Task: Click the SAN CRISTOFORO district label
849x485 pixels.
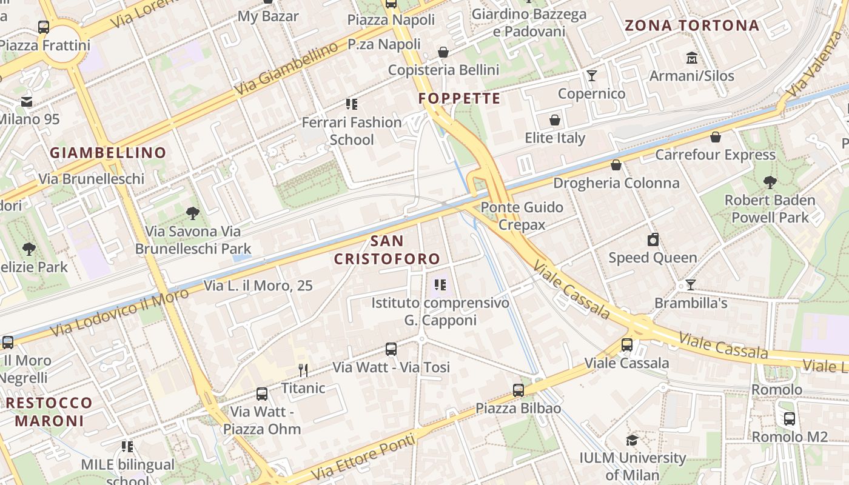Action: click(x=387, y=250)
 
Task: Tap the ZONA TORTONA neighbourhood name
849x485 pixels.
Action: click(x=692, y=25)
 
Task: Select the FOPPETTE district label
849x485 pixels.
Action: click(x=460, y=98)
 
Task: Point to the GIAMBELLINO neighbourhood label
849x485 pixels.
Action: click(x=108, y=153)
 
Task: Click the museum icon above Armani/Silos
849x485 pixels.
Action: click(x=691, y=58)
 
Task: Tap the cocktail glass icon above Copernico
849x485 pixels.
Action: click(x=592, y=76)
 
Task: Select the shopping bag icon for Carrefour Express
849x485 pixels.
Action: click(x=716, y=137)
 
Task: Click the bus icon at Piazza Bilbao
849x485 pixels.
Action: click(x=518, y=390)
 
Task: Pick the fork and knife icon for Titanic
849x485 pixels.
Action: click(x=303, y=370)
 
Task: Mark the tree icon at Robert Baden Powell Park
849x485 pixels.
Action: click(x=770, y=182)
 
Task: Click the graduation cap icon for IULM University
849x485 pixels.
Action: click(x=632, y=440)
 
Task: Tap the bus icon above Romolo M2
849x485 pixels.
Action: click(x=790, y=418)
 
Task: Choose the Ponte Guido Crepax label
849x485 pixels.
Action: click(x=522, y=216)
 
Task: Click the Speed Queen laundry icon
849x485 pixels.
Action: click(x=653, y=239)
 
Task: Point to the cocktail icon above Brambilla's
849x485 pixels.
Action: click(x=690, y=284)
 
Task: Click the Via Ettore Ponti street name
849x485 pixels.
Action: click(x=364, y=456)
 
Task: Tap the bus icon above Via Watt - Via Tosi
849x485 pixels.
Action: click(x=391, y=349)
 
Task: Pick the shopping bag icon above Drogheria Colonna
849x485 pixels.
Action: click(x=616, y=165)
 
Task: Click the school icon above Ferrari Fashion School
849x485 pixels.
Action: click(x=352, y=104)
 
